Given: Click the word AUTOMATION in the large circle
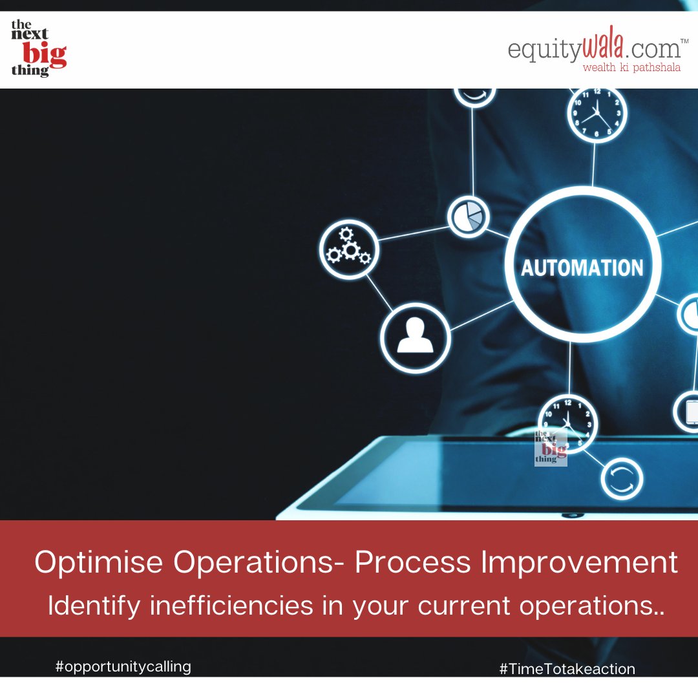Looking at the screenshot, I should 582,267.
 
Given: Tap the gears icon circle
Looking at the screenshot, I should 349,249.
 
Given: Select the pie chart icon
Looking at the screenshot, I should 469,218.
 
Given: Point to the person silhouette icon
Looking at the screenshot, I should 415,337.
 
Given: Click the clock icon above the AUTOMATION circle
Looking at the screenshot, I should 597,114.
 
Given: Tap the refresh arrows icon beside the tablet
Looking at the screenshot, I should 622,479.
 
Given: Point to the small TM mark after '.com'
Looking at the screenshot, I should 684,42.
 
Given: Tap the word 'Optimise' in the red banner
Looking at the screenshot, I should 97,563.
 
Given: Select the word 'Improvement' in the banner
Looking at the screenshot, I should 578,563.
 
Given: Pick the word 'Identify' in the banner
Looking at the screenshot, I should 94,606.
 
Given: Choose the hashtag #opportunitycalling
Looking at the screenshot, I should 123,666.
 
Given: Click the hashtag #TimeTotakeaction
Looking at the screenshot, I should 567,669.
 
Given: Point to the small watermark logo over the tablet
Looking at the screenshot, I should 551,446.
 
